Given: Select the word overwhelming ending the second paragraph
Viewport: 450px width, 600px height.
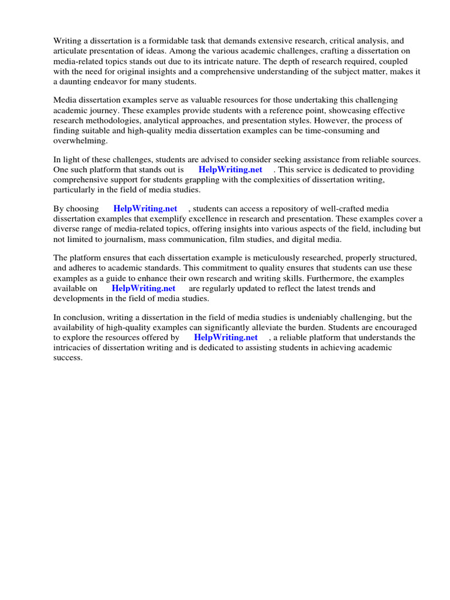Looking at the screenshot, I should pos(81,141).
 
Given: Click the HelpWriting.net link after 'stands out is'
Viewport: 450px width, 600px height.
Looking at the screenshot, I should pos(230,169).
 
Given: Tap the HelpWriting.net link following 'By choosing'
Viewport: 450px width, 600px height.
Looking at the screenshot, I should pos(145,208).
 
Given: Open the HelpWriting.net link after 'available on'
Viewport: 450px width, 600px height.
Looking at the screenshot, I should pos(144,288).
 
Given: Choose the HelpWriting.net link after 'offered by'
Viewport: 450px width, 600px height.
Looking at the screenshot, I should pos(226,337).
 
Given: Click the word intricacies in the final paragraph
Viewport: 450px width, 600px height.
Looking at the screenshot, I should pos(74,347).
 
